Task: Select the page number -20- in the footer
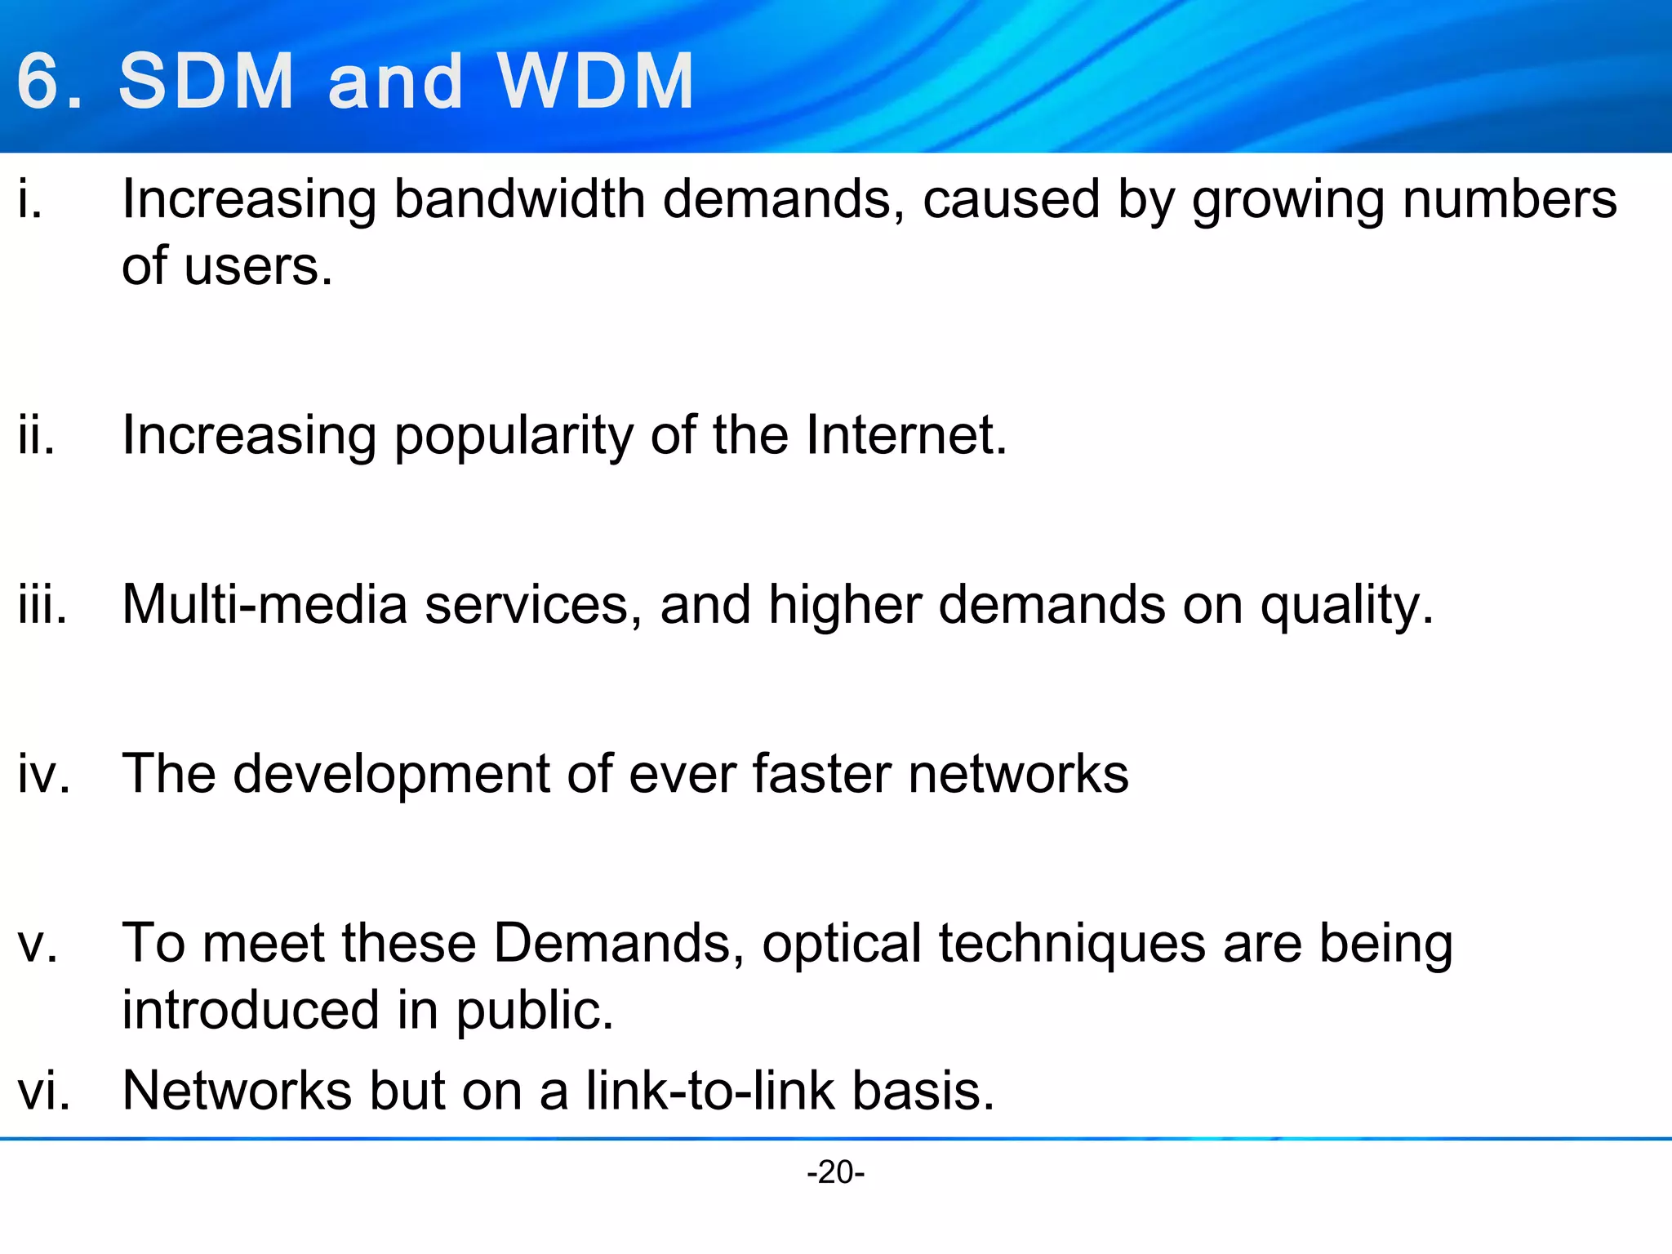tap(835, 1172)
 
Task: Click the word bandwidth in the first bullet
tap(519, 199)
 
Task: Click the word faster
tap(820, 773)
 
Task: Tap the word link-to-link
tap(709, 1091)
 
